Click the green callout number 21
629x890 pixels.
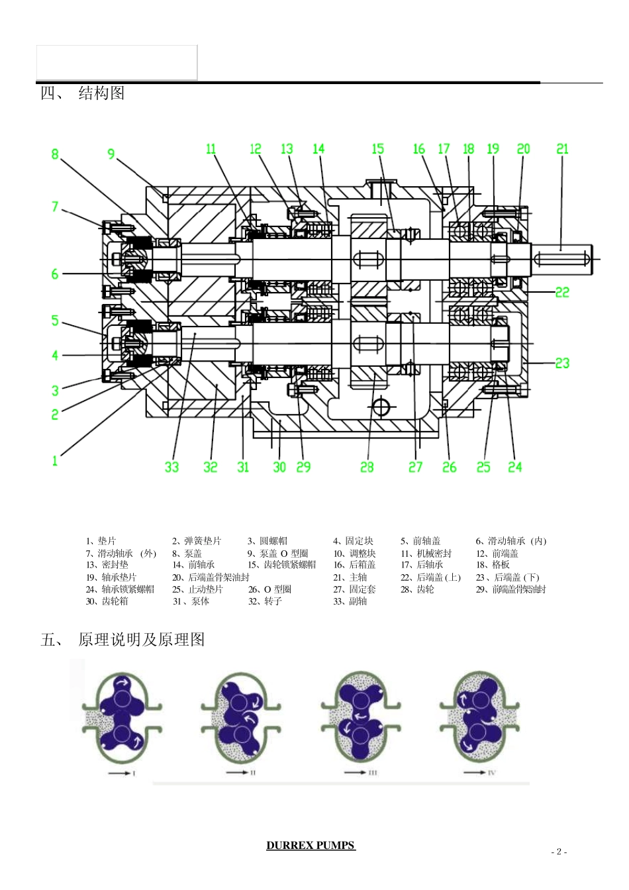pyautogui.click(x=562, y=149)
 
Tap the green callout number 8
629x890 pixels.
pyautogui.click(x=55, y=154)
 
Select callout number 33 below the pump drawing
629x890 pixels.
pyautogui.click(x=171, y=467)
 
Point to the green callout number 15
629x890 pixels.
pyautogui.click(x=377, y=149)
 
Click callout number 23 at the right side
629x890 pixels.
pyautogui.click(x=562, y=363)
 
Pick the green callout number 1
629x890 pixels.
pyautogui.click(x=55, y=460)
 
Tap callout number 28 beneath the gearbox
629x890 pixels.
pyautogui.click(x=367, y=467)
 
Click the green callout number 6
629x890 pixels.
pyautogui.click(x=55, y=274)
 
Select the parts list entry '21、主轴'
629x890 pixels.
pyautogui.click(x=350, y=577)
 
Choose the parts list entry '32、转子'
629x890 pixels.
pyautogui.click(x=265, y=601)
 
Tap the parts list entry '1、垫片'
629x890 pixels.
pyautogui.click(x=101, y=541)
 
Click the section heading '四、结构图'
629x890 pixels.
pyautogui.click(x=83, y=93)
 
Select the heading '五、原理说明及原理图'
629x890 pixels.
pyautogui.click(x=122, y=640)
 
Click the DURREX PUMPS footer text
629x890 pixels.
pyautogui.click(x=311, y=846)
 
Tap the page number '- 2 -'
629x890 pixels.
pyautogui.click(x=559, y=852)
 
